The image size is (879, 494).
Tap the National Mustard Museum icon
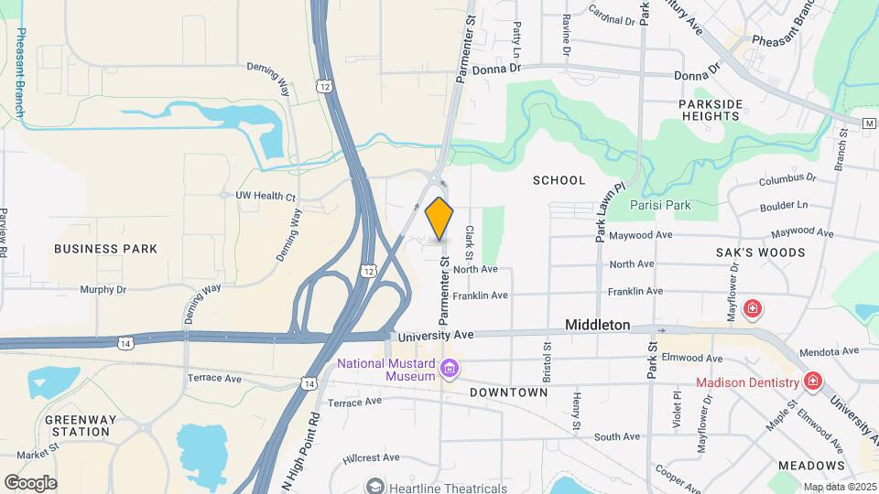point(450,369)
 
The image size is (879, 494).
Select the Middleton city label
point(598,325)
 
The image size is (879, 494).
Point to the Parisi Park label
point(661,205)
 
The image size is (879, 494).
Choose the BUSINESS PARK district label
point(105,249)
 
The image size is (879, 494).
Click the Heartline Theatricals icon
point(374,486)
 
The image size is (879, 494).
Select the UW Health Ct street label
point(266,197)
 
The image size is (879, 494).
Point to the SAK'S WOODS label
point(761,252)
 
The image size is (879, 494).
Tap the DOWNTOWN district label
point(508,392)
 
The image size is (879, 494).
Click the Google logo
point(30,483)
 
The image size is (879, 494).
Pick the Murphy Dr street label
point(102,289)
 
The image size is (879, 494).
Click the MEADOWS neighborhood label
point(811,466)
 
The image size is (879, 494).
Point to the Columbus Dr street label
point(787,177)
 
